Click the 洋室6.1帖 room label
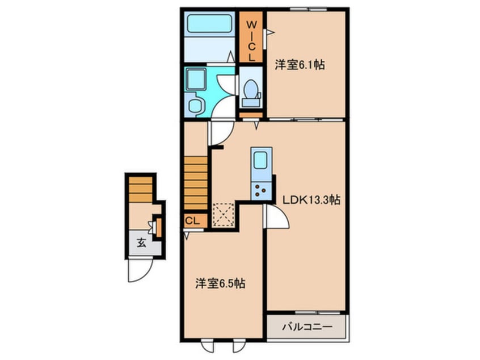pos(300,65)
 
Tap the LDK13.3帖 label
pos(311,200)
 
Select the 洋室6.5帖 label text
pos(220,284)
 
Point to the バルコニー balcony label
pos(307,327)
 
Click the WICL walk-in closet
pos(251,37)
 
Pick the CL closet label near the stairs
pos(192,220)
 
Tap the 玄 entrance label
pos(141,243)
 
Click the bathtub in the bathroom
pos(209,23)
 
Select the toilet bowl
pos(251,89)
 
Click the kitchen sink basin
pos(260,160)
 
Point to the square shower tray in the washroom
pos(196,79)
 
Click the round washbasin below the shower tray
pos(195,106)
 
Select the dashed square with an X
pos(223,215)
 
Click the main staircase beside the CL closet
pos(196,183)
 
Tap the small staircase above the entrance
pos(141,189)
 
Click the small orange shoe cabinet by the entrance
pos(158,227)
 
